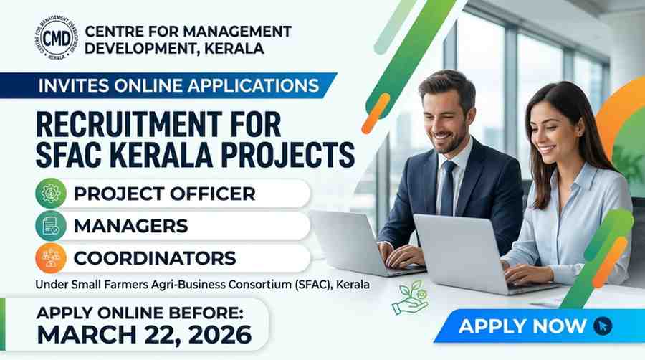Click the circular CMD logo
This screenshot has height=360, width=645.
pyautogui.click(x=57, y=39)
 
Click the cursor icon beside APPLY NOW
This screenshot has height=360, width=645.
pyautogui.click(x=603, y=326)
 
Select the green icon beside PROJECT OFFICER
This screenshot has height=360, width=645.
pyautogui.click(x=51, y=193)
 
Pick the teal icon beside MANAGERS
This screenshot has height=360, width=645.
pyautogui.click(x=51, y=225)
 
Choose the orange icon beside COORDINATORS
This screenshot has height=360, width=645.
pyautogui.click(x=51, y=258)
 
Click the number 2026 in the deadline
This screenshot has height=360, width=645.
pyautogui.click(x=220, y=334)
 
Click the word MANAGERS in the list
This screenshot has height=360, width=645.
pyautogui.click(x=131, y=226)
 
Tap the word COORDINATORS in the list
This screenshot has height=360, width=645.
pyautogui.click(x=155, y=258)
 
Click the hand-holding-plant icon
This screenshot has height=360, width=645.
pyautogui.click(x=410, y=298)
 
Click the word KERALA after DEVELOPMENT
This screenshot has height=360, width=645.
pyautogui.click(x=234, y=49)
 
